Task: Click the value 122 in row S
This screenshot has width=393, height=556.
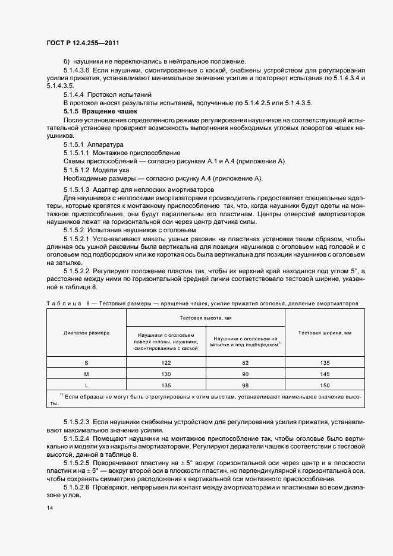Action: [166, 362]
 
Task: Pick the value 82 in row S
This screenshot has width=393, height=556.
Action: [246, 362]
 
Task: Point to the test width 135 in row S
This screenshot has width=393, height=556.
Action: [325, 362]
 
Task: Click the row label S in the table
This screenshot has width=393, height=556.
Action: [86, 362]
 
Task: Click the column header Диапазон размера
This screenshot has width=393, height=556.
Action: [86, 333]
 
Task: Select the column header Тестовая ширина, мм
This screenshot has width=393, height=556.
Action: [325, 333]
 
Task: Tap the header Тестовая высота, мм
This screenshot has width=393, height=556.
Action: [206, 318]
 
